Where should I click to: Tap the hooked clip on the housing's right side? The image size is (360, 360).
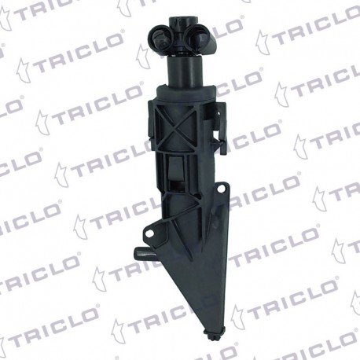tap(220, 127)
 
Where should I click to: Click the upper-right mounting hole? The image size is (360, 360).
tap(222, 188)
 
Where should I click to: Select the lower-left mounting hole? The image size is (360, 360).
tap(150, 233)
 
